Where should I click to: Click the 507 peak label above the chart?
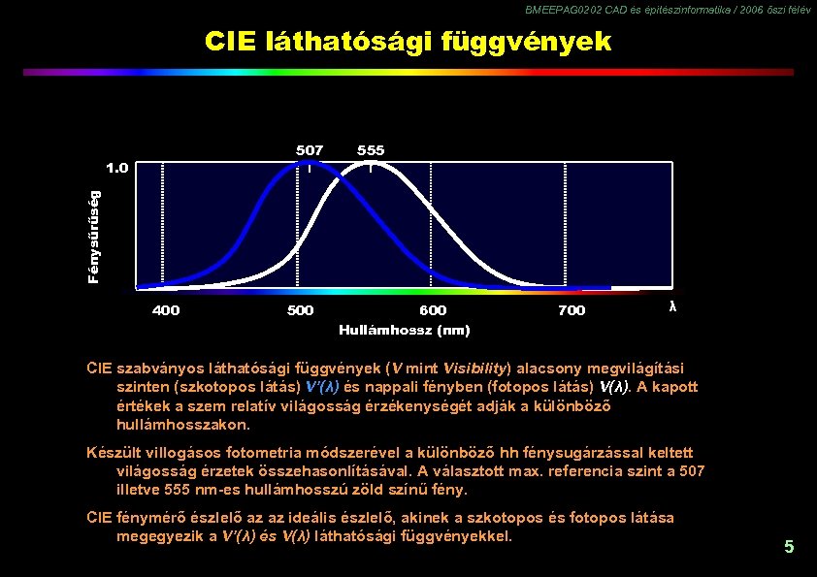[310, 150]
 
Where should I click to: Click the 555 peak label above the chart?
[371, 150]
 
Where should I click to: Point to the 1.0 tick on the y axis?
[116, 167]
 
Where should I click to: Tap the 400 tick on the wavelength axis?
[166, 310]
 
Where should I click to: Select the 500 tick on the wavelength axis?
[300, 310]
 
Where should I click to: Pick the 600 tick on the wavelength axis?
[433, 310]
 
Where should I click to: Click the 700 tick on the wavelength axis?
[572, 310]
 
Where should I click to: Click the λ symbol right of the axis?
[672, 306]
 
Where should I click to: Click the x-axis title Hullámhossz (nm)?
[405, 331]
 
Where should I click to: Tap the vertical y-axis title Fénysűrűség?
[93, 236]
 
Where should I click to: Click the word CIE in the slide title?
[230, 42]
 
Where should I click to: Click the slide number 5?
[789, 547]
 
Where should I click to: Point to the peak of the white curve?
[372, 163]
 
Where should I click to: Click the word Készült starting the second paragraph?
[113, 453]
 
